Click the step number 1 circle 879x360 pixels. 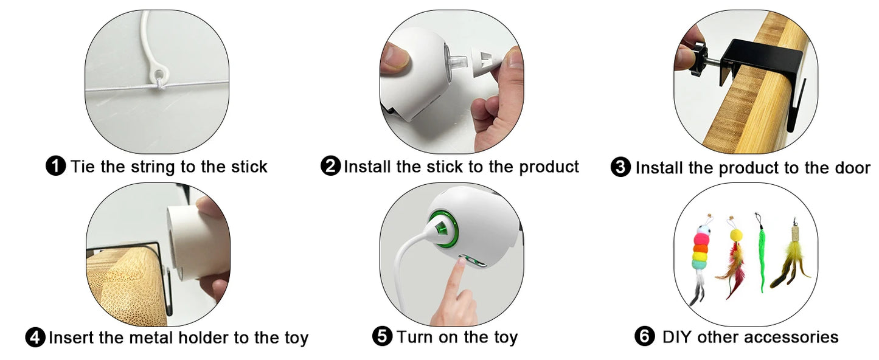tap(56, 166)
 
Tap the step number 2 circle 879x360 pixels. tap(330, 166)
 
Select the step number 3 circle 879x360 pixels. tap(620, 167)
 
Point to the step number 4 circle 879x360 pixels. tap(35, 337)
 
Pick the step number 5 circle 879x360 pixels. tap(382, 336)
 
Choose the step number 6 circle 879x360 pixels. tap(644, 336)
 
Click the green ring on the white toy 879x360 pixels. tap(440, 226)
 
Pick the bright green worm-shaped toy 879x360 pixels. tap(760, 255)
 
